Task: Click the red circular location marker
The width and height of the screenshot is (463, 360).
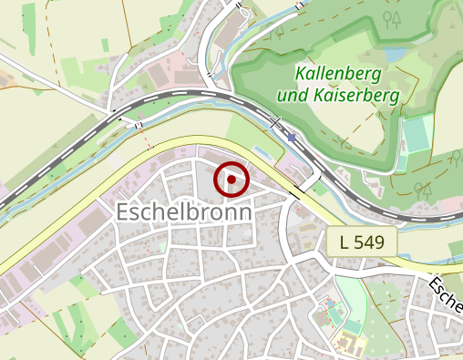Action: click(231, 180)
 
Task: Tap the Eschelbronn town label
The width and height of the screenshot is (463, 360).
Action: click(184, 211)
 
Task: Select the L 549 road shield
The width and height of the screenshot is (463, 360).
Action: click(363, 242)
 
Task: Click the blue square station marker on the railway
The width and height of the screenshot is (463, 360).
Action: click(292, 137)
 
